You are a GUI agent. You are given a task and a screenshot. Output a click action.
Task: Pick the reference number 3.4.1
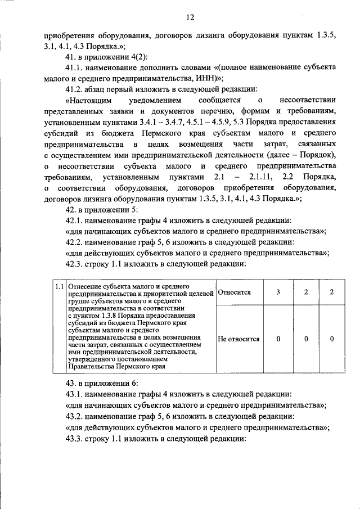148,121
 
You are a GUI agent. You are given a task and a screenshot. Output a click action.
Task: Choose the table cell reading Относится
234,292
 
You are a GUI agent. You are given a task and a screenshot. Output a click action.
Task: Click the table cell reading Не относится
238,339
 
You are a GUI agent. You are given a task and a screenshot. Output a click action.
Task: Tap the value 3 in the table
278,292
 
